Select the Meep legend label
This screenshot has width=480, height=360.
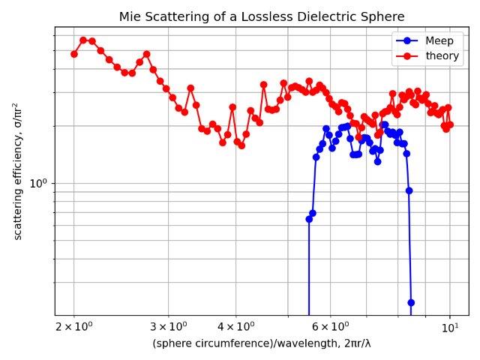point(439,40)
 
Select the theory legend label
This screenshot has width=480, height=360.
point(442,55)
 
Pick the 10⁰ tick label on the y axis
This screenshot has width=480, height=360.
point(39,183)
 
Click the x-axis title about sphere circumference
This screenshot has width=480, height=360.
point(262,343)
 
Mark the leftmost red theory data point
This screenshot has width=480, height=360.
point(74,54)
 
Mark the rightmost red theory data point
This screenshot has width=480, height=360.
point(450,124)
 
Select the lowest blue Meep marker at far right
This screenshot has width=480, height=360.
point(411,302)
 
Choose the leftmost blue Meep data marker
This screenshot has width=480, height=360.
point(309,219)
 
